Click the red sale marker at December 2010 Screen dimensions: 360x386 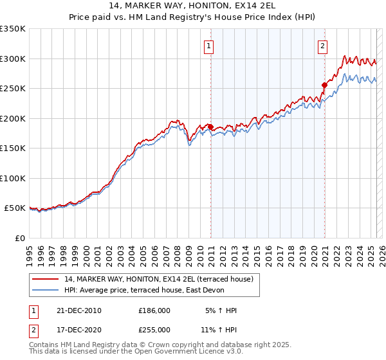point(210,127)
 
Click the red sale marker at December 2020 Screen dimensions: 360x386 point(325,85)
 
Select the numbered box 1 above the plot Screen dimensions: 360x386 point(210,46)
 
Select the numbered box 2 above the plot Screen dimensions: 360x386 point(322,46)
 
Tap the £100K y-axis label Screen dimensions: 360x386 point(13,178)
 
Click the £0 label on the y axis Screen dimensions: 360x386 point(19,238)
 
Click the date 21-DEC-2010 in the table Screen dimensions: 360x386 point(79,310)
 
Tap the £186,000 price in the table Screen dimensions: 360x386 point(154,310)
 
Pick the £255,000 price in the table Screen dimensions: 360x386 point(154,329)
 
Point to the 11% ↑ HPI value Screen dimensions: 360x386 point(219,329)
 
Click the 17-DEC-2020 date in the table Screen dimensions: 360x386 point(79,329)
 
